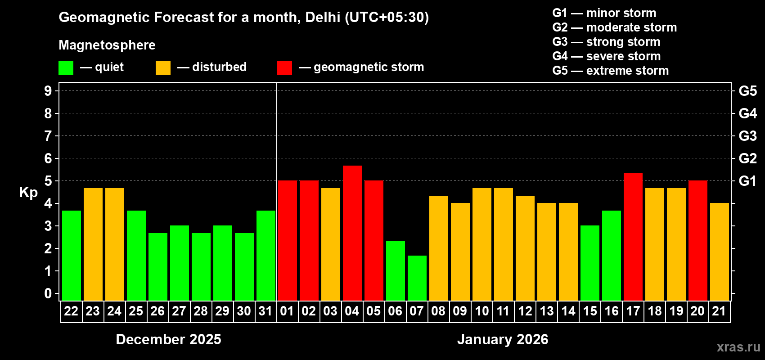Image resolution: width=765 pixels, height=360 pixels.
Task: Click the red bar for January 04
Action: pos(352,233)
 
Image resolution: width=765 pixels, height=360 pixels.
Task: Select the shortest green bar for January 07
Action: pos(417,278)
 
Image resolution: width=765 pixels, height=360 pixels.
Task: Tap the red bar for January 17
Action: pos(633,237)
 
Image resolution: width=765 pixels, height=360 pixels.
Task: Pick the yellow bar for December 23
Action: pos(93,244)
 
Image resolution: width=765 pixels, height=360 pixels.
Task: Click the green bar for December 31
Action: pos(266,256)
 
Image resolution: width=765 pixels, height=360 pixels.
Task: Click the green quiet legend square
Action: pos(66,68)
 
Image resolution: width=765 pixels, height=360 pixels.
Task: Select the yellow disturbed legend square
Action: pos(163,68)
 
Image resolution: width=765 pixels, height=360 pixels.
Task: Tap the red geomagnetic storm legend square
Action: pos(284,68)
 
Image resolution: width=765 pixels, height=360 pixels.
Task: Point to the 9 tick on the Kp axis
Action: pos(48,91)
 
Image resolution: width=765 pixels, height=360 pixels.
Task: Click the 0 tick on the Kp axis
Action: pos(48,294)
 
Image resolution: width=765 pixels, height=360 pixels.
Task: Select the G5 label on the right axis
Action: pos(747,91)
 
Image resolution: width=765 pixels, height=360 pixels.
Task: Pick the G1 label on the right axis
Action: pos(747,181)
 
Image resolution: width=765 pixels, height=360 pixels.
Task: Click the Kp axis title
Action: pos(28,193)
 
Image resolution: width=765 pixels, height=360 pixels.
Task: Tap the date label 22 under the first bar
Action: pos(71,311)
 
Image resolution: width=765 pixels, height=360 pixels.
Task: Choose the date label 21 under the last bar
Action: pos(719,311)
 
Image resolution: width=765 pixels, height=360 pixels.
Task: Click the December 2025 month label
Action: pos(168,339)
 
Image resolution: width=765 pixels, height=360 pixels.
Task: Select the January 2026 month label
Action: pos(503,339)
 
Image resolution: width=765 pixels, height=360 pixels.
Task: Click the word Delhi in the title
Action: pos(323,18)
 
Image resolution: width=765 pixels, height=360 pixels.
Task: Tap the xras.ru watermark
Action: pos(738,347)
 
